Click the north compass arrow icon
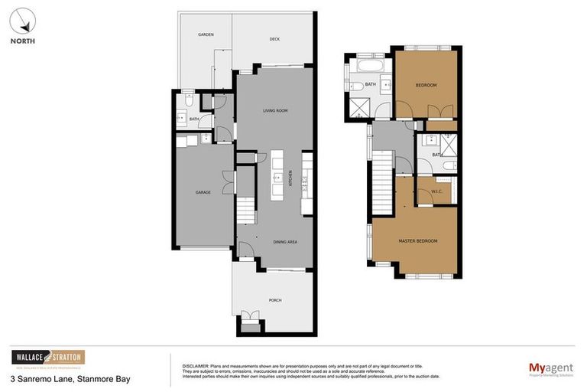tap(23, 18)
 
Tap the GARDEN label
tap(206, 34)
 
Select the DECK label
tap(274, 39)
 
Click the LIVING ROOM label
tap(274, 111)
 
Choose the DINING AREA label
tap(284, 242)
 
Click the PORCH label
tap(274, 299)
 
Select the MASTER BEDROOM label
tap(417, 241)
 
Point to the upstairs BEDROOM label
tap(426, 85)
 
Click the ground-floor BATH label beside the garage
tap(194, 119)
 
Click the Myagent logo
tap(550, 369)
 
